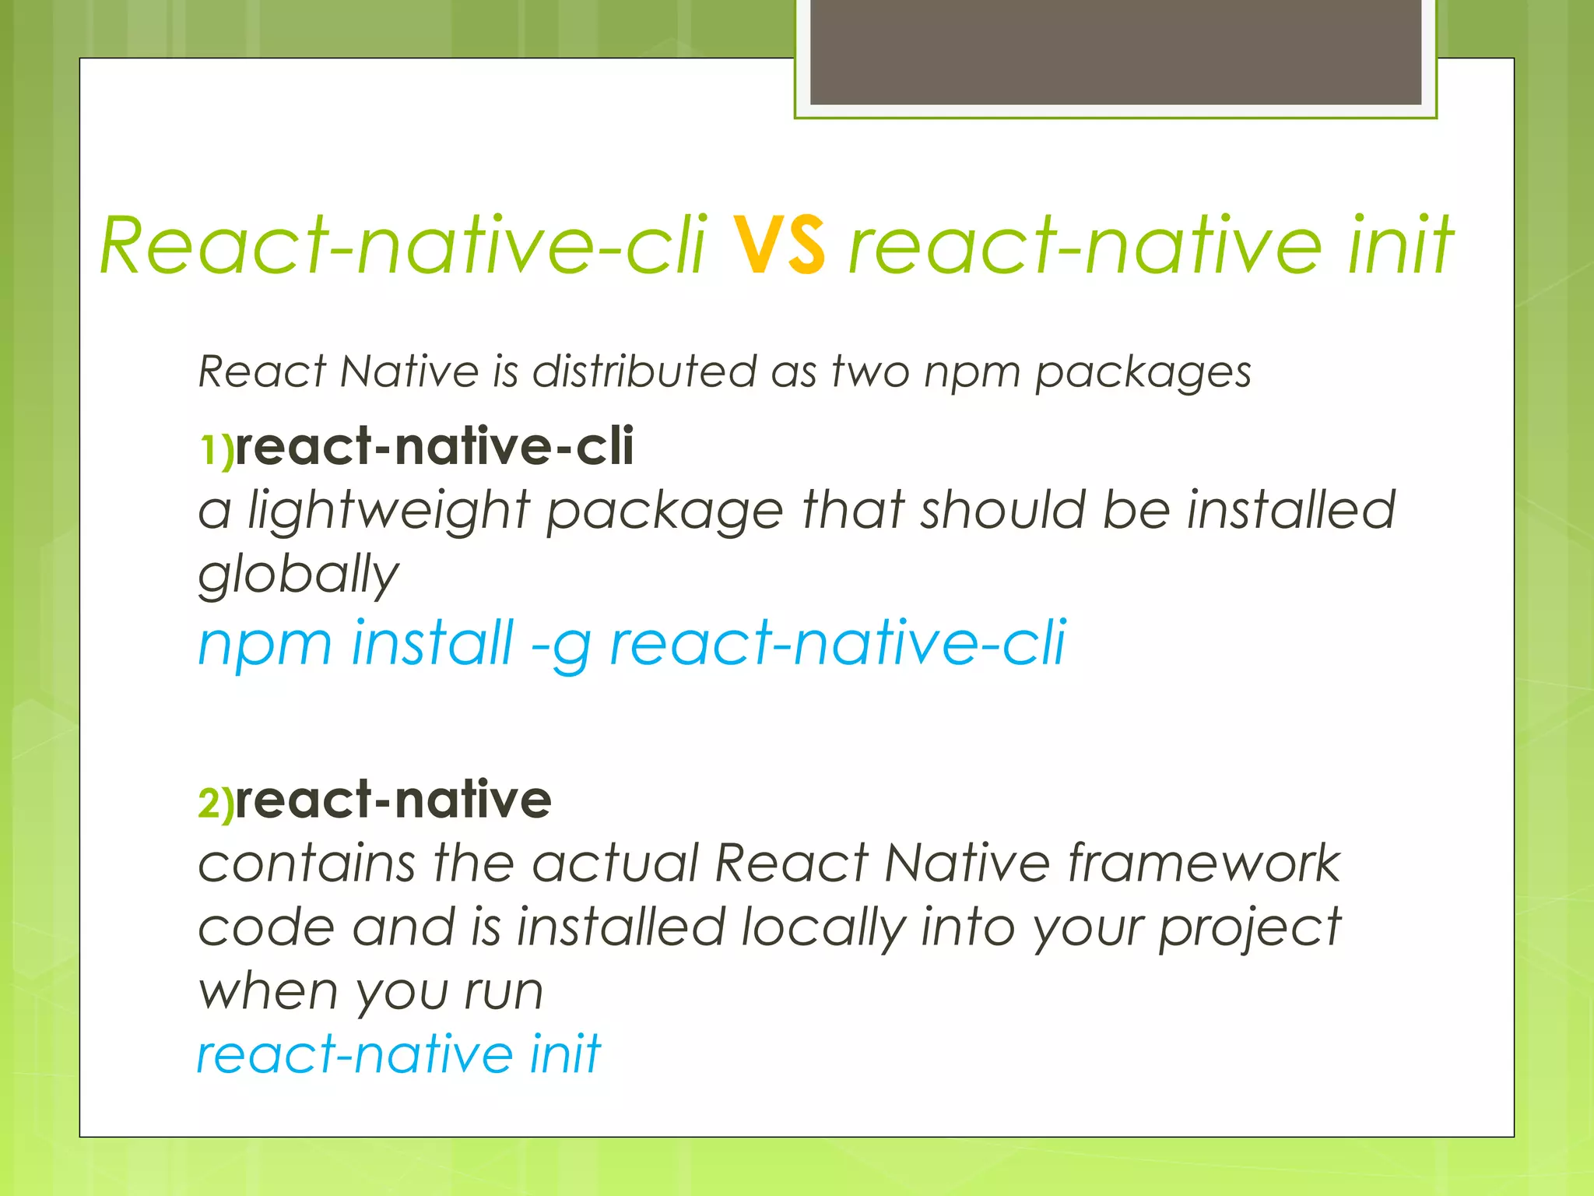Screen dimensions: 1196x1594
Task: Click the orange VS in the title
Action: pos(778,245)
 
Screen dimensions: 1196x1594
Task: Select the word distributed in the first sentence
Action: pos(644,371)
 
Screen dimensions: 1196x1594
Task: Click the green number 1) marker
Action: pos(216,450)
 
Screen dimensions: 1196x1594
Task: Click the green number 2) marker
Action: pos(216,803)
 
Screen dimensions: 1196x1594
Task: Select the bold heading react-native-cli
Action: pos(434,447)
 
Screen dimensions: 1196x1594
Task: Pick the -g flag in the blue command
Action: pos(560,645)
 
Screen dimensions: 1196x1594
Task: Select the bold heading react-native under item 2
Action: pos(393,800)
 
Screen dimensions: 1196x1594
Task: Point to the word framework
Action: pos(1203,864)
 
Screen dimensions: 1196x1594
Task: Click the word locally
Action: pos(823,929)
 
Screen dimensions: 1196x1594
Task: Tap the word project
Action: pos(1249,929)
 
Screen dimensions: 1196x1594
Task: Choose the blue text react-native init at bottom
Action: pos(398,1054)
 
